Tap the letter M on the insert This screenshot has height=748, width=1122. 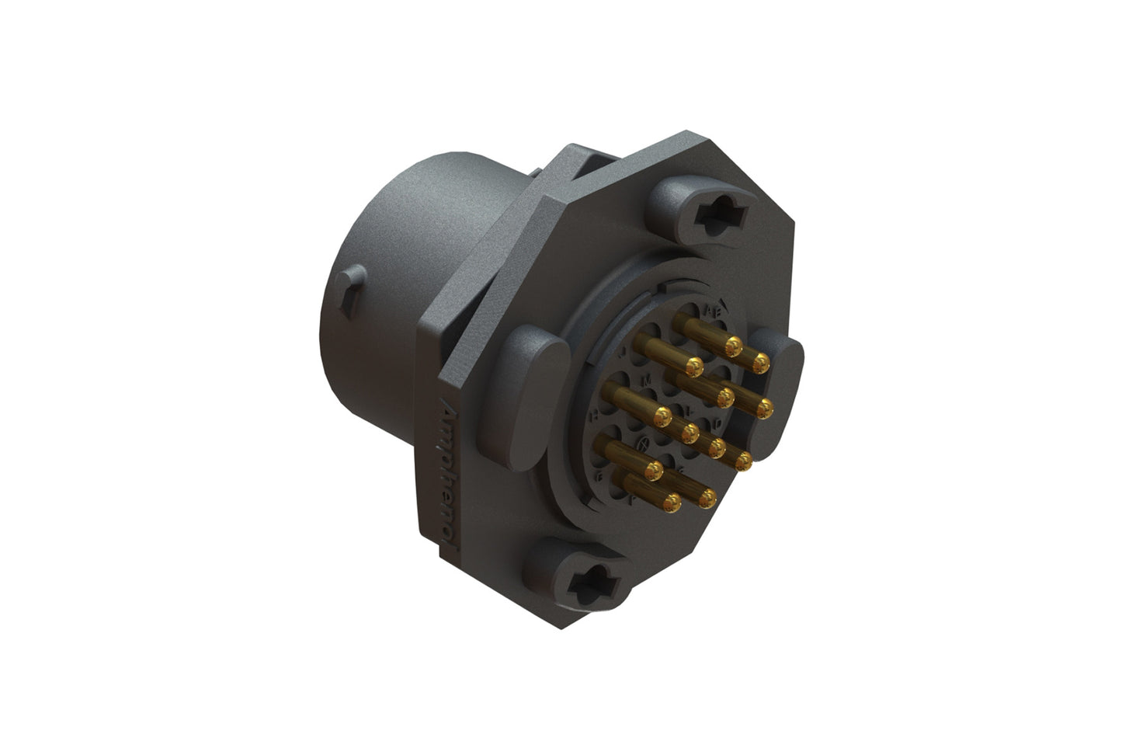point(647,381)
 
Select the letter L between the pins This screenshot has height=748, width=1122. point(690,409)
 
